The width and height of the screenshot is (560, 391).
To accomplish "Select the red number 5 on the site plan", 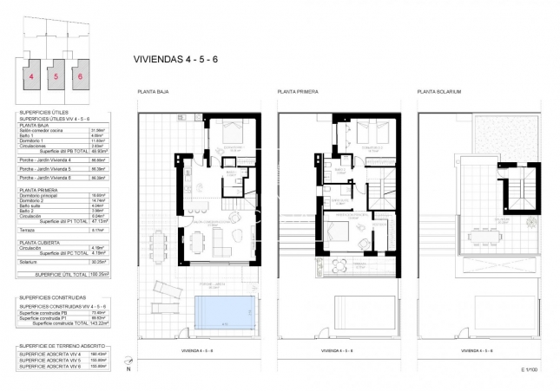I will pyautogui.click(x=56, y=76).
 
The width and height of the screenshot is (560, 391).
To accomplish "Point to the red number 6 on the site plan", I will pyautogui.click(x=80, y=76).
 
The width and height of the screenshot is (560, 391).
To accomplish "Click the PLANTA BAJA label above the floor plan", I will pyautogui.click(x=150, y=91).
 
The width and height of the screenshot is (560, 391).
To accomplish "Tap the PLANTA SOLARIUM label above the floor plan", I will pyautogui.click(x=438, y=91).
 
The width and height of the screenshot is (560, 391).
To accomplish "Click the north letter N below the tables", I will pyautogui.click(x=129, y=368).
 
